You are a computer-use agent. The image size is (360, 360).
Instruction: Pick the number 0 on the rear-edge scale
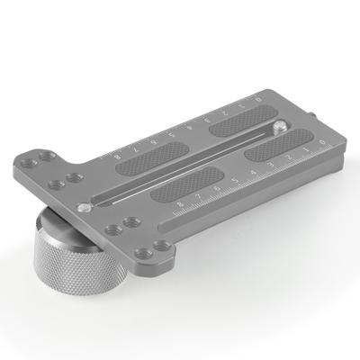[x=259, y=97]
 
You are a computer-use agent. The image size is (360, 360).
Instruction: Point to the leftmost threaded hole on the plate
[x=36, y=163]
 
